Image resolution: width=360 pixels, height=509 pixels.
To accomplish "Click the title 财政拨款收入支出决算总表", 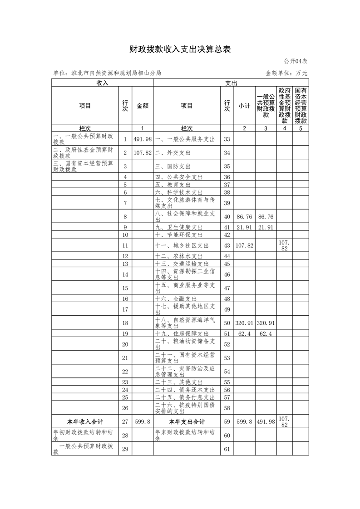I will point(180,49).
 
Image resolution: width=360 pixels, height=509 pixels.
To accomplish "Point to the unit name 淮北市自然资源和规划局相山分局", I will point(107,73).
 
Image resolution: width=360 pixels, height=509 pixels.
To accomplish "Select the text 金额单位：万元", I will point(286,73).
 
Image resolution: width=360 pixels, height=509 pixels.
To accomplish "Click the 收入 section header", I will point(102,83).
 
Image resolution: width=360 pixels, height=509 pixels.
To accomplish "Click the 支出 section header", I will point(231,83).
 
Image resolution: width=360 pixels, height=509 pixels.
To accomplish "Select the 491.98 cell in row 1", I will point(142,139).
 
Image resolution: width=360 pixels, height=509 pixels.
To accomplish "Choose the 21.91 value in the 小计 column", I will point(244,227).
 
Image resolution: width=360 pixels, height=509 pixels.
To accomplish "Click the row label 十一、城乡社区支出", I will point(182,245).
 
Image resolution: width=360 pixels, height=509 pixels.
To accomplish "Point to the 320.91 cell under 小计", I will point(244,323).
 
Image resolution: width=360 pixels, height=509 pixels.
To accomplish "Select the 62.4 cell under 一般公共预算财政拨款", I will point(266,334).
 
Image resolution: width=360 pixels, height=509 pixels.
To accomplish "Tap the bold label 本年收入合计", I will point(85,421).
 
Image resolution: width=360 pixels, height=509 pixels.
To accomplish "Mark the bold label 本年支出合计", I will point(187,421).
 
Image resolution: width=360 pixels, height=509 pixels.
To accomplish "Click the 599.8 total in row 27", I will point(142,421).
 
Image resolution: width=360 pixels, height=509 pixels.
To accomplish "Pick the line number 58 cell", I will point(227,408).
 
